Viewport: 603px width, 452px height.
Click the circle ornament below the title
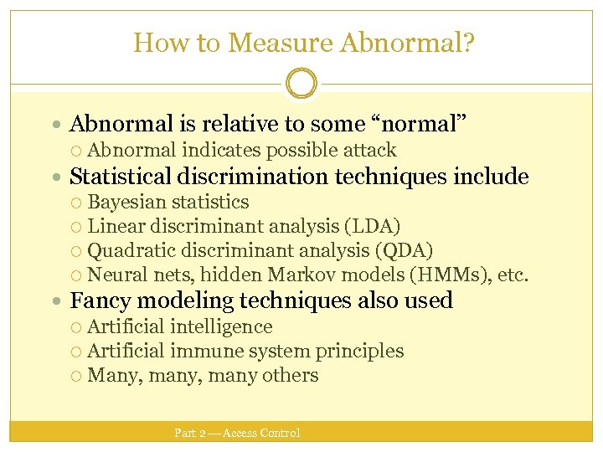(301, 84)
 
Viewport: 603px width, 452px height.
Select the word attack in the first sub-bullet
(368, 151)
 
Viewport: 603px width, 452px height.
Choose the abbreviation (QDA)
(405, 250)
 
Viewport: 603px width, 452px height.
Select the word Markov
(296, 275)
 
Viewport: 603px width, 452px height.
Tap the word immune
(202, 351)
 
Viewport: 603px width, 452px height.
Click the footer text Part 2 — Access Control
(237, 433)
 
